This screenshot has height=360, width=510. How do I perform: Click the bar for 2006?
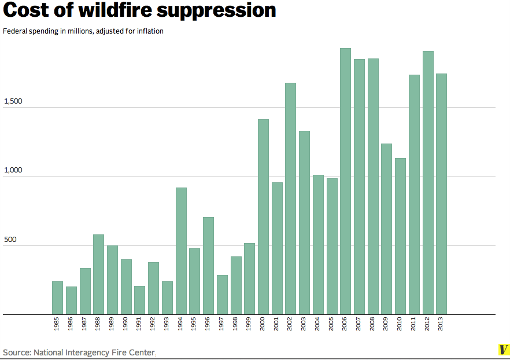[x=345, y=181]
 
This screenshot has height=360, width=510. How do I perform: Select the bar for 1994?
[x=181, y=251]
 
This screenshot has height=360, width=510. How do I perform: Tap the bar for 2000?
[x=263, y=216]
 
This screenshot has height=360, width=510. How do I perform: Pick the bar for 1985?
[x=57, y=297]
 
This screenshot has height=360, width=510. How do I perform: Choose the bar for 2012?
[x=428, y=182]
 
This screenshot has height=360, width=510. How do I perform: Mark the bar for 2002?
[x=290, y=199]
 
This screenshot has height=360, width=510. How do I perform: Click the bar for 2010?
[x=400, y=236]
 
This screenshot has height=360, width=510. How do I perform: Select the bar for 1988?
[x=98, y=274]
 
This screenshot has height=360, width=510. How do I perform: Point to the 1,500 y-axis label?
[x=13, y=101]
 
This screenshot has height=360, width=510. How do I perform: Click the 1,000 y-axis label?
[x=13, y=170]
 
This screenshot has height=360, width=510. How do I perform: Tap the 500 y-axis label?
[x=10, y=240]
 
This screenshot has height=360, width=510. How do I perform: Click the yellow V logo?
[x=503, y=350]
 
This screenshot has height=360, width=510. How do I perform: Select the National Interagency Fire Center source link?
[x=94, y=352]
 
